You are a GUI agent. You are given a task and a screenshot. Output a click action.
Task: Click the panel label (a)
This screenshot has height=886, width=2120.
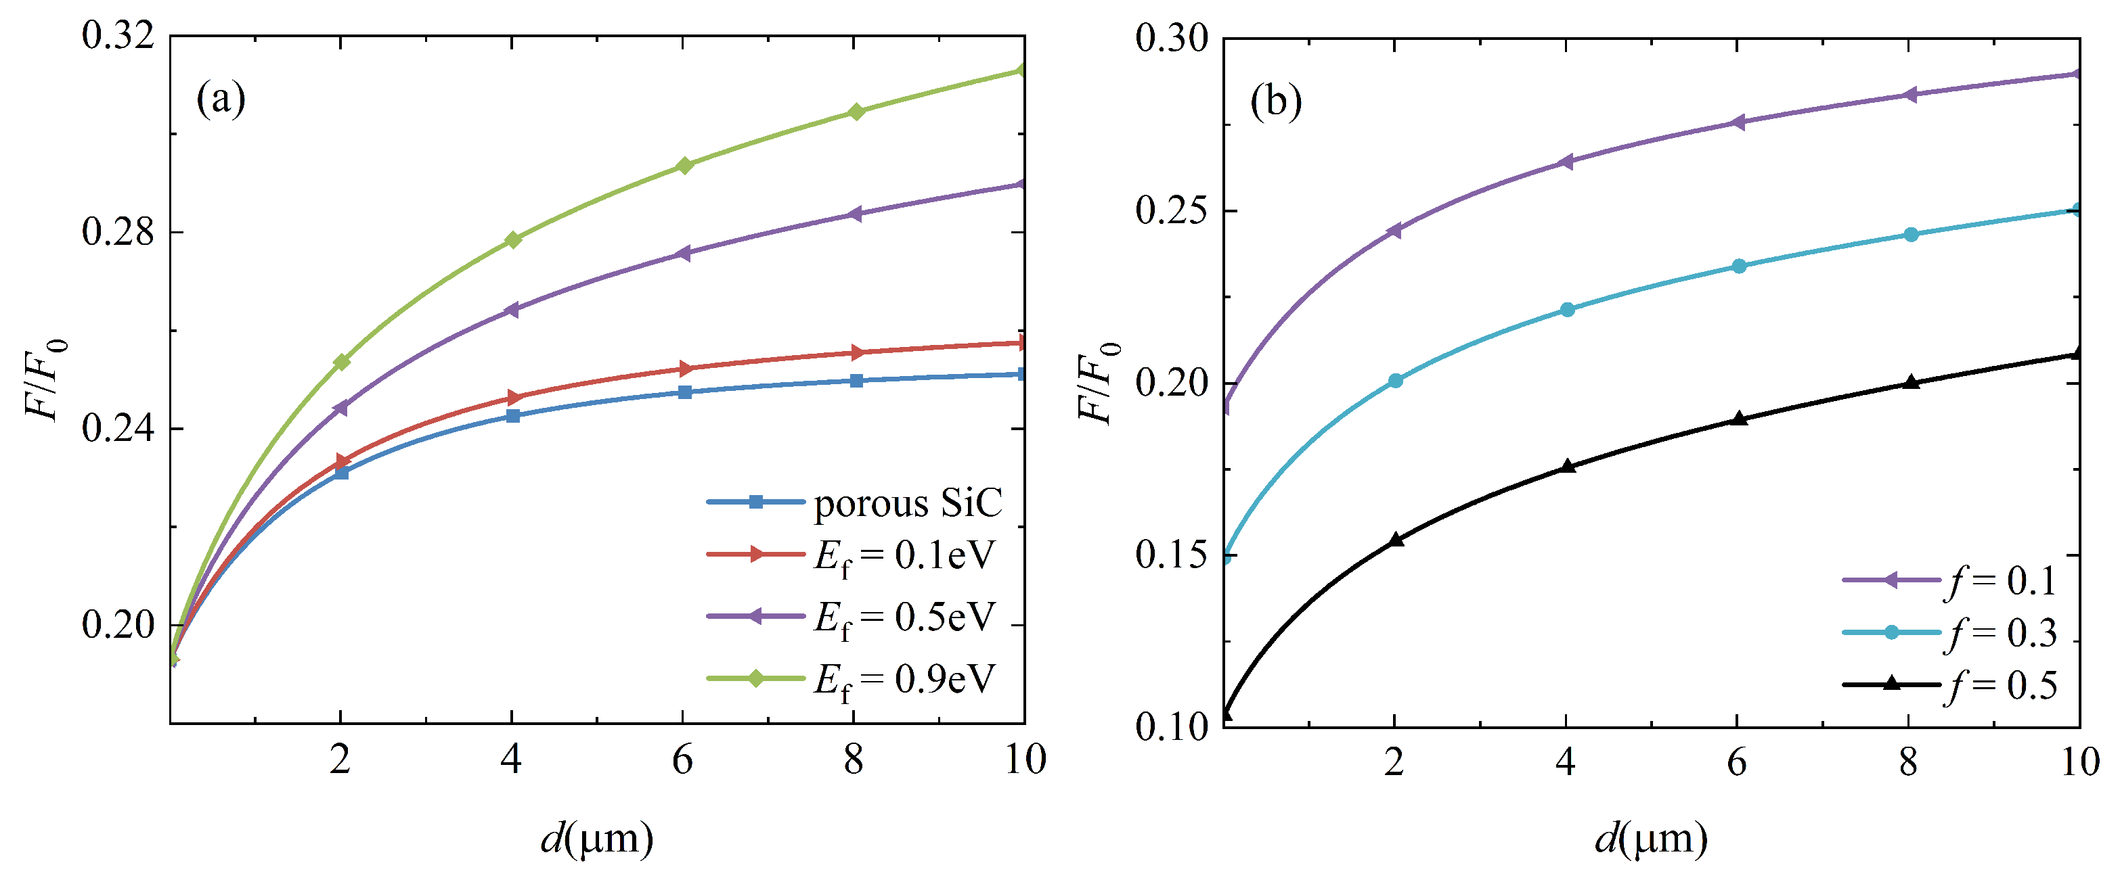coord(221,99)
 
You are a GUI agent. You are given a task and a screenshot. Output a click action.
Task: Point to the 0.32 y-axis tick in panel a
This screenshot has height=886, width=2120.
coord(118,37)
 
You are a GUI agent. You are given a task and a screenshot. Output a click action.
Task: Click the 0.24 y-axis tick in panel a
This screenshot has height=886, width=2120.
coord(118,429)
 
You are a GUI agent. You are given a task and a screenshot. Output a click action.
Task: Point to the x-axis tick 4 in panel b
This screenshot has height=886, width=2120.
coord(1566,762)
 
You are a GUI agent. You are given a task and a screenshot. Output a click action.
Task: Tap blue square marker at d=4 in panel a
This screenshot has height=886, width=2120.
coord(512,416)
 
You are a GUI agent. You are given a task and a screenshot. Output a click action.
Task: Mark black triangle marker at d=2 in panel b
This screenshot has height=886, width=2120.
coord(1395,540)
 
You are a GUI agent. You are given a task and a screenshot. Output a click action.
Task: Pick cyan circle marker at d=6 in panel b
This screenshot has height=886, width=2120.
coord(1739,266)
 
